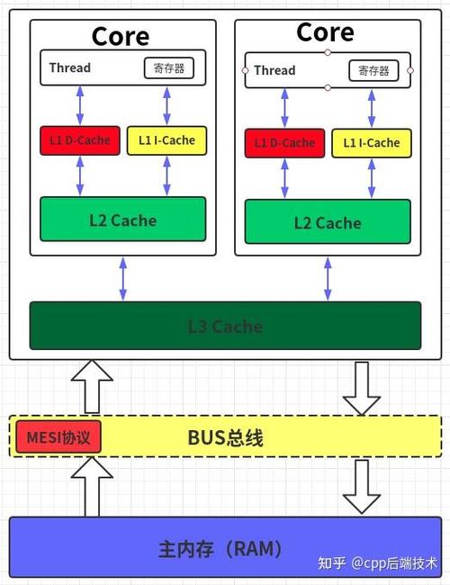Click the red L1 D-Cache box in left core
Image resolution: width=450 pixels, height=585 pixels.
(79, 140)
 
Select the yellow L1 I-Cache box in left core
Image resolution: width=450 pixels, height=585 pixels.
(166, 140)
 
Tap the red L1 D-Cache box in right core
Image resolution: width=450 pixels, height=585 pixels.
(284, 142)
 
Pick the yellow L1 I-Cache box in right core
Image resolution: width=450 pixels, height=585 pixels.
(371, 142)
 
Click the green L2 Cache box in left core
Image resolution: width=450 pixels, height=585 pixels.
(122, 220)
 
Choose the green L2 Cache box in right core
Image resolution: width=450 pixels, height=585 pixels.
(327, 222)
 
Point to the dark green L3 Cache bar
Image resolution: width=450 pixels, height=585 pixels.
(225, 326)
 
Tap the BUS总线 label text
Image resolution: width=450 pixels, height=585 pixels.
(225, 438)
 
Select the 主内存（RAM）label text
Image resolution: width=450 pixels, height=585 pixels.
(220, 548)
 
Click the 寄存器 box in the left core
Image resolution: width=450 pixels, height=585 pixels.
(168, 67)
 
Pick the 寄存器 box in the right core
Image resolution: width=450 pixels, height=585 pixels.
(372, 70)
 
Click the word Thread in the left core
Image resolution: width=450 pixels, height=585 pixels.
(70, 67)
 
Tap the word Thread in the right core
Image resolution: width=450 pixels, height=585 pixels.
(274, 70)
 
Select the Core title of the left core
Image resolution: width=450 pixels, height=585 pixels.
(121, 36)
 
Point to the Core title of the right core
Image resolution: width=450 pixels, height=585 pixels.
(325, 32)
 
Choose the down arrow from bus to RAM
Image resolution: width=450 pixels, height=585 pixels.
(363, 486)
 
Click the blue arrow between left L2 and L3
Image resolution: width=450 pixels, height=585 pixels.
(123, 278)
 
